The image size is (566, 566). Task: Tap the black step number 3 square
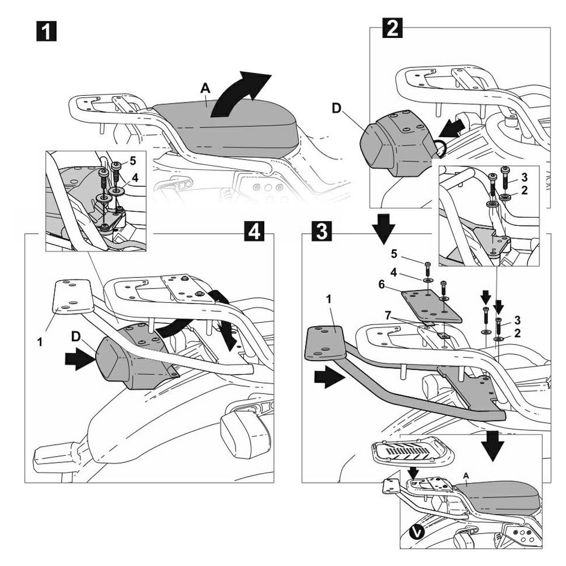(x=321, y=233)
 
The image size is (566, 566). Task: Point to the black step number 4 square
(x=254, y=233)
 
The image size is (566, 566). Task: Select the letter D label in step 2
(x=337, y=108)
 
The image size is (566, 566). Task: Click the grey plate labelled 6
(x=431, y=305)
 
